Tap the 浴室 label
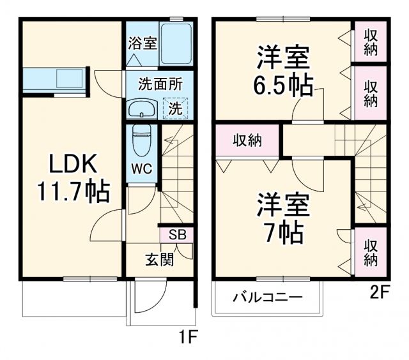[x=142, y=43]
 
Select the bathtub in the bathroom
[x=176, y=43]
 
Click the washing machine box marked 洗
[x=175, y=108]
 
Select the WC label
[x=141, y=170]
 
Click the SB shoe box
[x=177, y=235]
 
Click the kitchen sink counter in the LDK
[x=54, y=79]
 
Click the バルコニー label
[x=267, y=297]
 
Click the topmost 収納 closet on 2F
[x=371, y=42]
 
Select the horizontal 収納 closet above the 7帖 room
[x=247, y=140]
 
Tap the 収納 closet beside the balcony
[x=371, y=251]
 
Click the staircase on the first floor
[x=176, y=172]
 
